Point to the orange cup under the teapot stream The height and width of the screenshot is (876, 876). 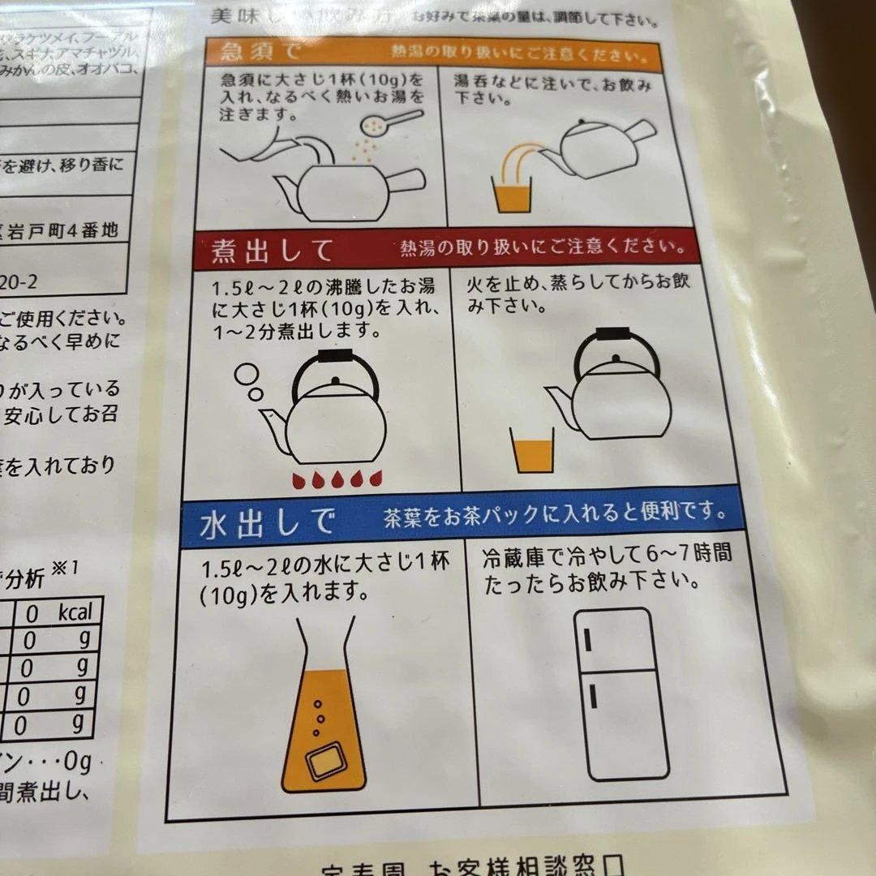click(513, 195)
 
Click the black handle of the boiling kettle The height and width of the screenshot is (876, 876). click(334, 357)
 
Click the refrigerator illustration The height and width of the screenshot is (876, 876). click(620, 693)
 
